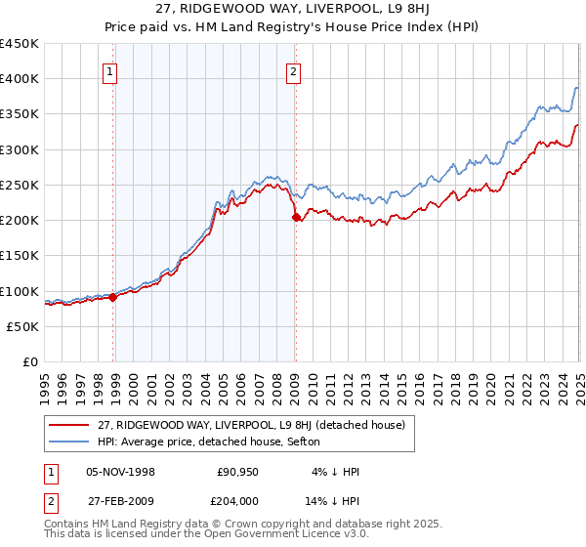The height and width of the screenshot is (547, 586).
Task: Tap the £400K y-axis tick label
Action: tap(20, 79)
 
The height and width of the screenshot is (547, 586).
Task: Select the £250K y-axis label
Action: tap(20, 185)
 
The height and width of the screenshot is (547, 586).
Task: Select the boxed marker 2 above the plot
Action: tap(293, 70)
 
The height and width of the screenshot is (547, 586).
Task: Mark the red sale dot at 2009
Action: tap(296, 218)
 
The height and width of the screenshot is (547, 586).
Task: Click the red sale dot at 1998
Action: tap(113, 297)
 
